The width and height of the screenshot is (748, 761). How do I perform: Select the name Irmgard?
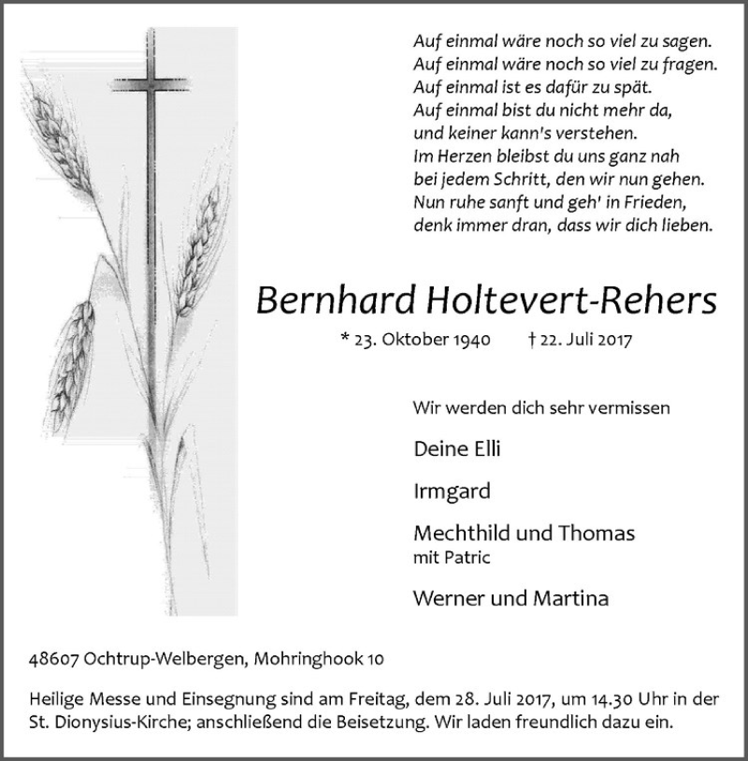[451, 491]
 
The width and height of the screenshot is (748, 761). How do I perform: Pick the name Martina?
[572, 598]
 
